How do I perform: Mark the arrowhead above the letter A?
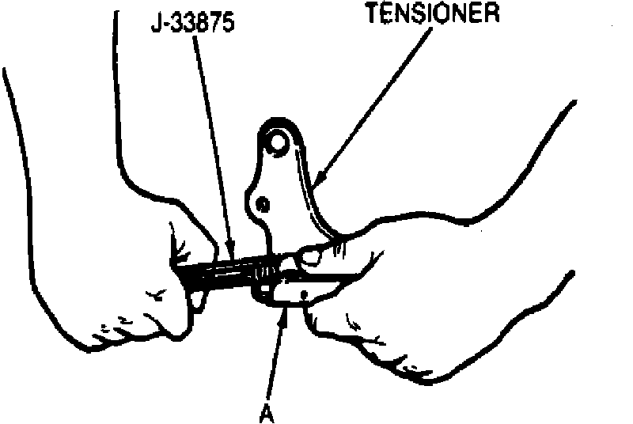tap(283, 316)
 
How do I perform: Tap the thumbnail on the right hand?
tap(310, 255)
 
